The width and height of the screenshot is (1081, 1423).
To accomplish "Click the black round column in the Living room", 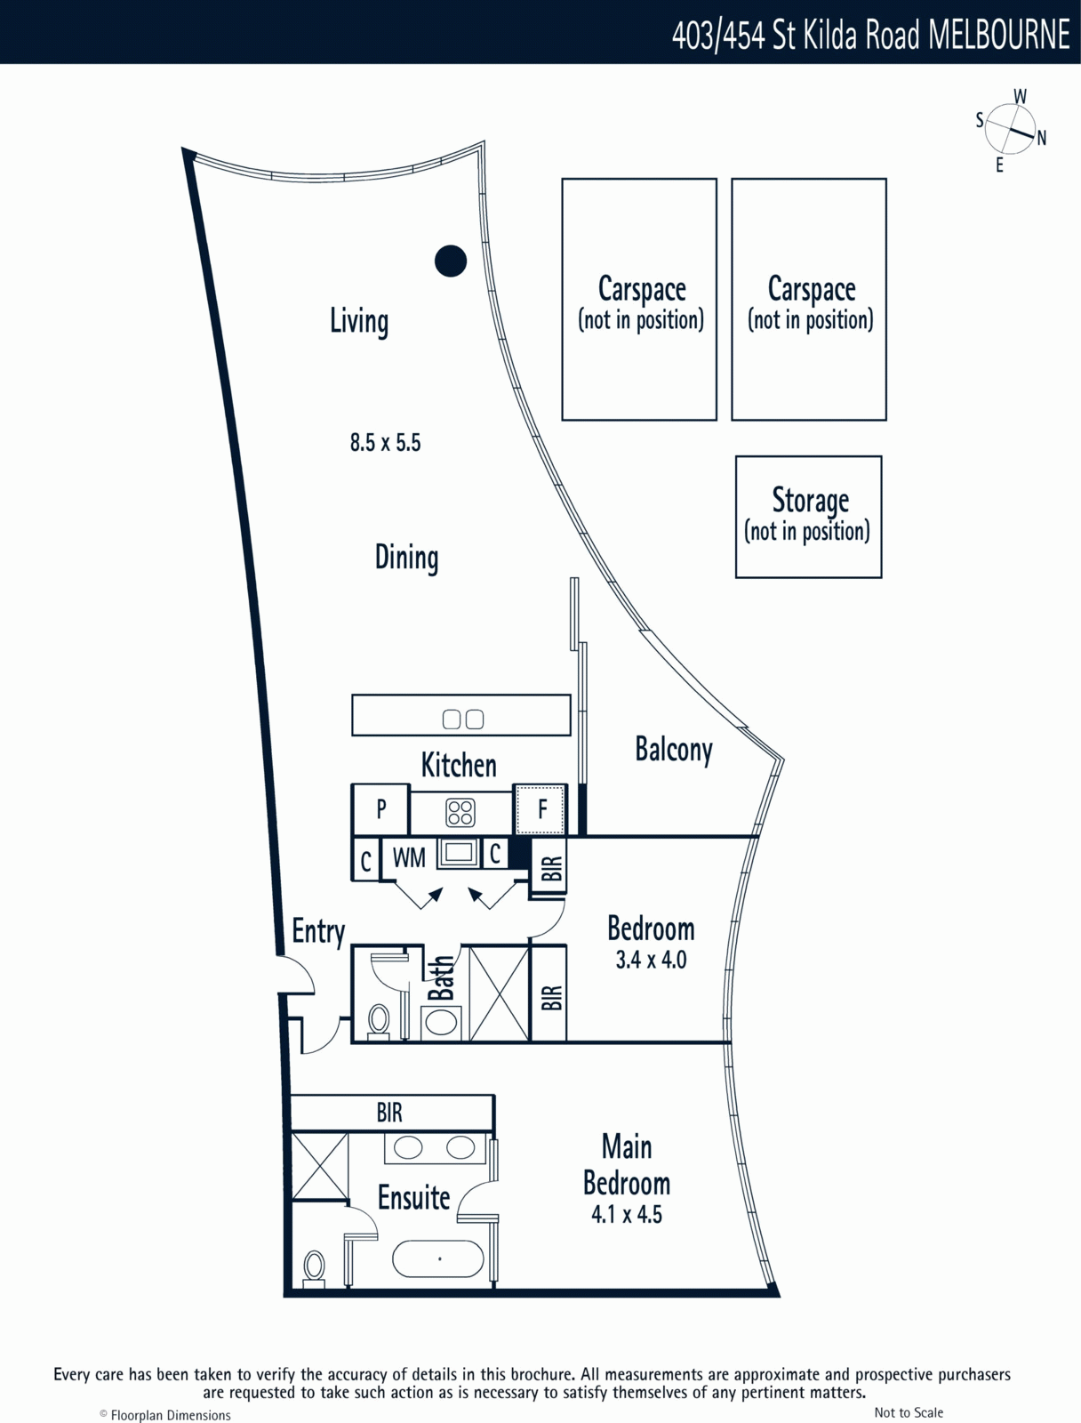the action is click(450, 261).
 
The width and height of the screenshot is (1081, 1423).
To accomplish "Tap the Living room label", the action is click(359, 322).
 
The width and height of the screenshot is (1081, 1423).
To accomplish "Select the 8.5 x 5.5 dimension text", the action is click(386, 442).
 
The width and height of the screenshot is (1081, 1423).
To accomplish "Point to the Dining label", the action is click(407, 558).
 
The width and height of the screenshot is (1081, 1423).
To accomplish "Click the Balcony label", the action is click(674, 750).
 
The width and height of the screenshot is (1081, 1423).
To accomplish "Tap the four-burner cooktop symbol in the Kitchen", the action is click(460, 812).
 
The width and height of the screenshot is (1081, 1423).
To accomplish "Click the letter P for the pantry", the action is click(381, 809).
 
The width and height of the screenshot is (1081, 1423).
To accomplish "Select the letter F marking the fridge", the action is click(543, 809).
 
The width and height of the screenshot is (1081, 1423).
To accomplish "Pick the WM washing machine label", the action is click(409, 857).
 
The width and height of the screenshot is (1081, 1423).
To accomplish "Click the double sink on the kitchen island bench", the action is click(462, 719).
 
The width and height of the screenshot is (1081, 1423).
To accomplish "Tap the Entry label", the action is click(318, 932).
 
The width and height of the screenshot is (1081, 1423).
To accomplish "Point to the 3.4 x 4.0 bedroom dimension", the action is click(651, 960).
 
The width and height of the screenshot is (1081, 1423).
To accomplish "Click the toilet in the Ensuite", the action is click(314, 1266).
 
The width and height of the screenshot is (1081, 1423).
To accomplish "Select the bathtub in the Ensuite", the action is click(438, 1259).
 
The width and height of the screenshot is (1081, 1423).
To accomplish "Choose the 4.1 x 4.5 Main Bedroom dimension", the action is click(627, 1214).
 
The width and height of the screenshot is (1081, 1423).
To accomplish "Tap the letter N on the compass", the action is click(1042, 138).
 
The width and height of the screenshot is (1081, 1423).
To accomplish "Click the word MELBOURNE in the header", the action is click(998, 34).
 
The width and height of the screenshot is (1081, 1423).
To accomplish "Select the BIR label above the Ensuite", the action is click(389, 1113).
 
